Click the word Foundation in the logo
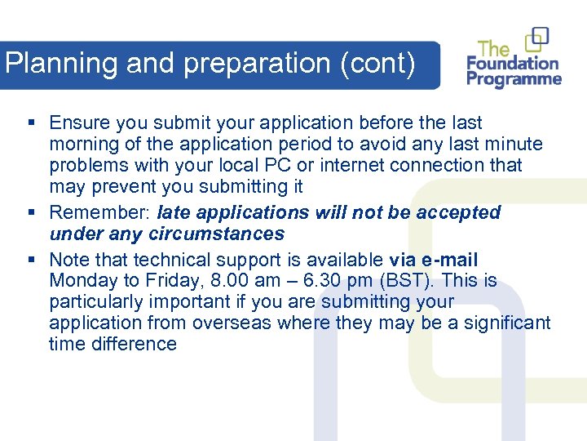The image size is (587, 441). click(x=512, y=64)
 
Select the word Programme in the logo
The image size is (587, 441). click(x=514, y=80)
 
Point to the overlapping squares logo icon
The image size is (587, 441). click(x=537, y=38)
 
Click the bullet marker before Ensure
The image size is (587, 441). click(x=30, y=123)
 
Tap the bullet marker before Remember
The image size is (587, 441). click(x=30, y=213)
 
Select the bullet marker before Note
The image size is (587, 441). click(x=30, y=261)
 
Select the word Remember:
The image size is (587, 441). click(x=100, y=213)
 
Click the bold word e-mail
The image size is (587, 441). click(x=448, y=261)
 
